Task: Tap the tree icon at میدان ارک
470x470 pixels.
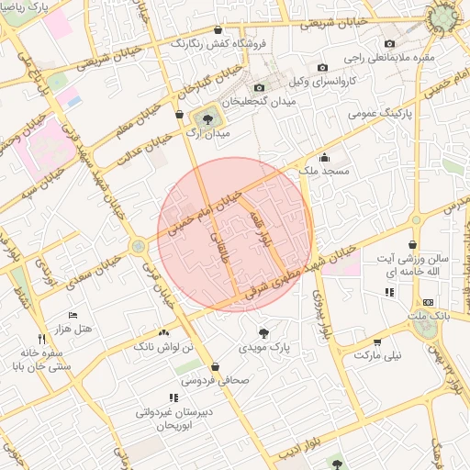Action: [206, 117]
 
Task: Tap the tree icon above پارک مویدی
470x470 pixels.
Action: [263, 332]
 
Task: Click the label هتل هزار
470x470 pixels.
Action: [73, 329]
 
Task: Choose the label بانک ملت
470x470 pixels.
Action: [429, 317]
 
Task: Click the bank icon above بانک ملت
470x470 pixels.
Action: [428, 302]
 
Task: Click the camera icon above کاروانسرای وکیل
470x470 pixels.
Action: [322, 67]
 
